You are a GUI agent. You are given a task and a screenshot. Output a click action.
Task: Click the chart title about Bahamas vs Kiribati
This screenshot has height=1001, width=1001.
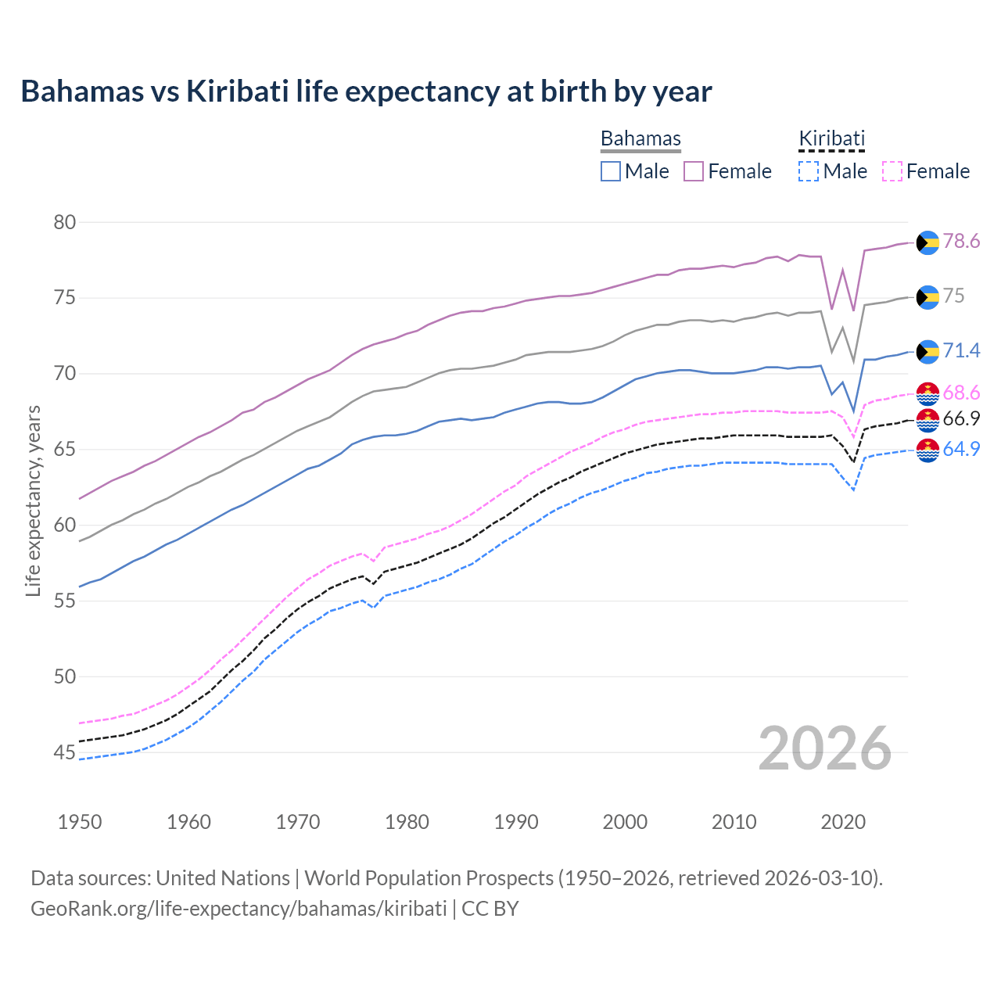pyautogui.click(x=366, y=91)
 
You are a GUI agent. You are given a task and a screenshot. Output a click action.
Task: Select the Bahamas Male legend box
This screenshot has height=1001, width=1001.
pyautogui.click(x=611, y=171)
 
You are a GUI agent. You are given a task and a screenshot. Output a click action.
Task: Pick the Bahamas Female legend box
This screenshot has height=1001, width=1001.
pyautogui.click(x=694, y=171)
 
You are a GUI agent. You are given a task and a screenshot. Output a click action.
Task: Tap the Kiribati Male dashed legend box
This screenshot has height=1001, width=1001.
pyautogui.click(x=809, y=171)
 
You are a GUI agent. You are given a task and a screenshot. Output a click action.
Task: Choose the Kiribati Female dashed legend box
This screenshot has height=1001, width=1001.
pyautogui.click(x=892, y=171)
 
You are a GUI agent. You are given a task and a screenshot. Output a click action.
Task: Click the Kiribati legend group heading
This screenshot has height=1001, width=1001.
pyautogui.click(x=831, y=138)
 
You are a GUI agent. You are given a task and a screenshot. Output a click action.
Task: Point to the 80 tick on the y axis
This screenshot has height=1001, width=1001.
pyautogui.click(x=65, y=222)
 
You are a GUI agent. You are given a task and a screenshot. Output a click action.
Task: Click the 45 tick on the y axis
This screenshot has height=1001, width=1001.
pyautogui.click(x=65, y=752)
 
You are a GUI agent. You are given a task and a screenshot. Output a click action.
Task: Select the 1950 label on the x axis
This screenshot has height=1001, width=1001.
pyautogui.click(x=80, y=822)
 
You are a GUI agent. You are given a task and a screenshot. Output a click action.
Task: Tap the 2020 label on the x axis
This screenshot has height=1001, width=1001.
pyautogui.click(x=843, y=822)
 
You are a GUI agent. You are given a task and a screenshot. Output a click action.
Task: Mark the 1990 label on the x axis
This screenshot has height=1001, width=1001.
pyautogui.click(x=516, y=822)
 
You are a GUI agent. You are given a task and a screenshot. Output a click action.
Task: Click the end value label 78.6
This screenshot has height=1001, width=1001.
pyautogui.click(x=961, y=242)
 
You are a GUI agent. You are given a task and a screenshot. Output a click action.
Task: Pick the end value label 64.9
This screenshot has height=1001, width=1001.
pyautogui.click(x=961, y=450)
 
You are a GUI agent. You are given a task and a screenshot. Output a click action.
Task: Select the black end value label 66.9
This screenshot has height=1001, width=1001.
pyautogui.click(x=961, y=419)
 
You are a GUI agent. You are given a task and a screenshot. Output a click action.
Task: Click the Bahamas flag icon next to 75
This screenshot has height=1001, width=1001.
pyautogui.click(x=927, y=297)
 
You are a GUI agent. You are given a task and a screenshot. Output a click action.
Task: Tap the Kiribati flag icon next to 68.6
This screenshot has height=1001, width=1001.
pyautogui.click(x=927, y=394)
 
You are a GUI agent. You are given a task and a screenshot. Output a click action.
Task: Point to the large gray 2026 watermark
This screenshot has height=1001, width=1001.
pyautogui.click(x=825, y=749)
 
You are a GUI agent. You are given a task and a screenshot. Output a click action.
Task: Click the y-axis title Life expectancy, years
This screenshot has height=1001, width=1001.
pyautogui.click(x=34, y=500)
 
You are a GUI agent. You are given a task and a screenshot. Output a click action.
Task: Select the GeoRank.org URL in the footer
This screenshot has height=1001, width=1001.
pyautogui.click(x=239, y=909)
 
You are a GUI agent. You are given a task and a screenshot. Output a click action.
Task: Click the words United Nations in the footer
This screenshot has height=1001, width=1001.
pyautogui.click(x=223, y=878)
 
